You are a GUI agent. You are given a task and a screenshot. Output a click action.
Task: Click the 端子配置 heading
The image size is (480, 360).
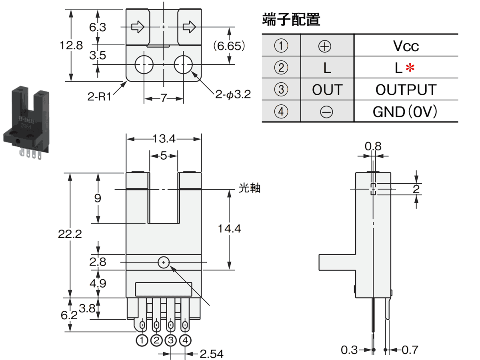[x=291, y=20]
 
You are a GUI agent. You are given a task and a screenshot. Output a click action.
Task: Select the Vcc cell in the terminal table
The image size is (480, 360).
[x=406, y=46]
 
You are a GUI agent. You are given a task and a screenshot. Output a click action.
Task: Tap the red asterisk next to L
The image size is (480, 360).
[x=409, y=68]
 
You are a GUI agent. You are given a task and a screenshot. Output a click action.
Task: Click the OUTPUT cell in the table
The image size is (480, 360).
[x=406, y=90]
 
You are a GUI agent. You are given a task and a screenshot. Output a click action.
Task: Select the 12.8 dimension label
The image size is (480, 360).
[x=71, y=45]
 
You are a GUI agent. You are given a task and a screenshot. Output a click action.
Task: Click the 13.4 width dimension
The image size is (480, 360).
[x=164, y=139]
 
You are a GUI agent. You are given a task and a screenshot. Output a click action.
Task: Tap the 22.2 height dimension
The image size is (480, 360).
[x=70, y=234]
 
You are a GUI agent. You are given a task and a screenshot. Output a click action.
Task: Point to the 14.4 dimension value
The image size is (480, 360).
[x=229, y=228]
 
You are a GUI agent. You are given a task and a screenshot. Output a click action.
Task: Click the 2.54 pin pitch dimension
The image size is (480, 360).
[x=211, y=354]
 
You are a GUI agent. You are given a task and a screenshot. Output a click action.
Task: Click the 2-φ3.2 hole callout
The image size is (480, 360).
[x=232, y=95]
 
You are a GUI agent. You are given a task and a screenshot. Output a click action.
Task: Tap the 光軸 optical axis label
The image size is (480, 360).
[x=249, y=188]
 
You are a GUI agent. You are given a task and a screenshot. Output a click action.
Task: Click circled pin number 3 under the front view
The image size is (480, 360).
[x=171, y=341]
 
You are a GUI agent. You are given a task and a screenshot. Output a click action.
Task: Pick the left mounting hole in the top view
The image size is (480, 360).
[x=144, y=65]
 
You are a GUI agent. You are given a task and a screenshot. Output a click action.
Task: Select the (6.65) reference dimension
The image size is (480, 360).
[x=229, y=46]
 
